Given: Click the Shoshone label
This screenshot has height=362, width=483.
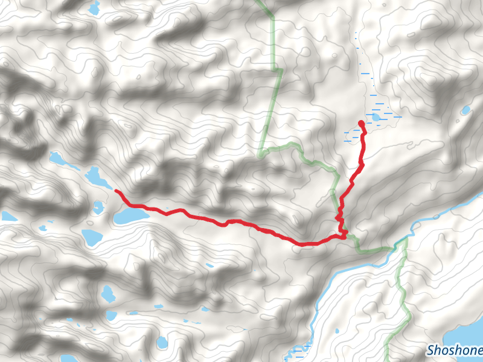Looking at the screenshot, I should [454, 350].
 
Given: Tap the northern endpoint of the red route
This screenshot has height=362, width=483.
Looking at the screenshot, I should [361, 123].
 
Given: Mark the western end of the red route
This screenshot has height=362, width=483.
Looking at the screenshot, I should [116, 191].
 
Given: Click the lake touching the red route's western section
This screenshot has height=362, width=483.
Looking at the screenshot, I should [130, 216].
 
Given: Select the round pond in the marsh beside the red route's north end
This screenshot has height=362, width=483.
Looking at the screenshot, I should [376, 116].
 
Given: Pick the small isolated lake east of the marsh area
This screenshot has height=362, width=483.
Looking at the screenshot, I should [465, 110].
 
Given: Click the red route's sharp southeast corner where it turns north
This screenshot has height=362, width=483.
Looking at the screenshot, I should [345, 236].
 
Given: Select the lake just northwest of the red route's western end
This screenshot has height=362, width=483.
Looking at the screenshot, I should [95, 177].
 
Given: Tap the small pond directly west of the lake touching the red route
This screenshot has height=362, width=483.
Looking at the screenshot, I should [98, 208].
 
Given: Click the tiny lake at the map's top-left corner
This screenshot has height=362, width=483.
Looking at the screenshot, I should [93, 8].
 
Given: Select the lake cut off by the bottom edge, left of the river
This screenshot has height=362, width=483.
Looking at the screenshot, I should [161, 343].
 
